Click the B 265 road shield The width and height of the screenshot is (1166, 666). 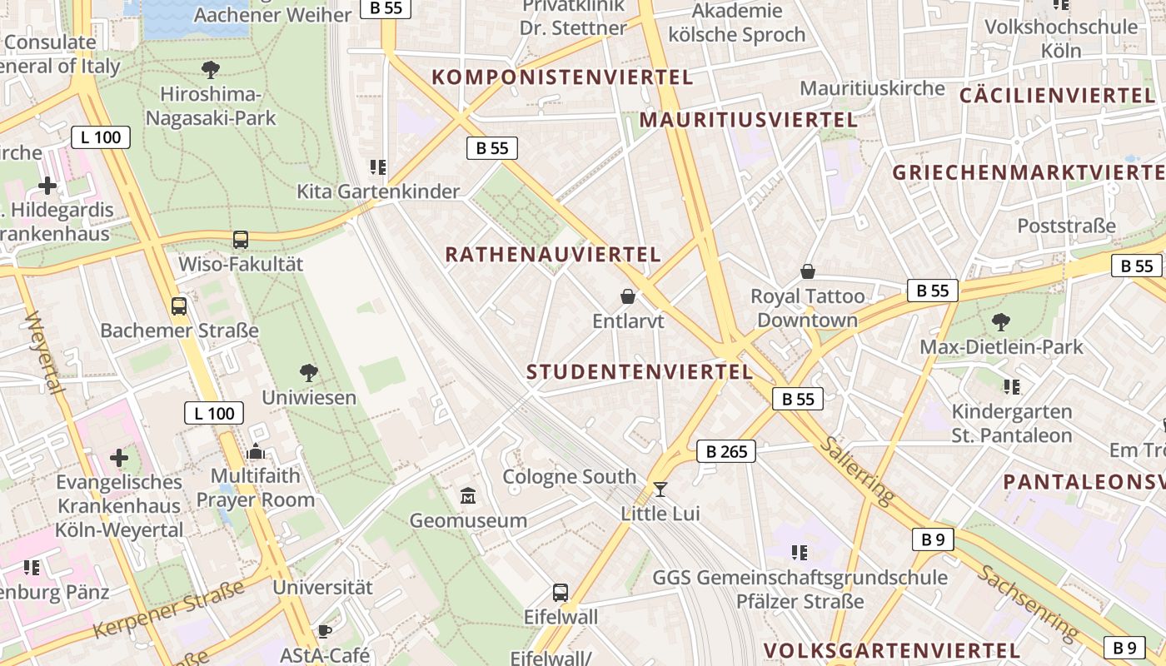coord(725,451)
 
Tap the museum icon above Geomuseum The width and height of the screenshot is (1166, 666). coord(468,497)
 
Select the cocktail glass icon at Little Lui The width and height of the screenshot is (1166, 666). coord(660,489)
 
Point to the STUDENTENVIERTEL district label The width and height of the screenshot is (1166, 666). coord(640,372)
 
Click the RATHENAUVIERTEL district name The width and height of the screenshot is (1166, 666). coord(553,255)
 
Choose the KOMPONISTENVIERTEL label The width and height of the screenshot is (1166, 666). coord(562,77)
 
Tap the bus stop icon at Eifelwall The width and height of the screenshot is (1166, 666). coord(561,593)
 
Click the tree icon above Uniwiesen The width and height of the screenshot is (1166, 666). coord(309,372)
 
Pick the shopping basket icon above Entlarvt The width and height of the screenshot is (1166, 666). coord(628,296)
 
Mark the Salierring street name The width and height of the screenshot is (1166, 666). coord(856,469)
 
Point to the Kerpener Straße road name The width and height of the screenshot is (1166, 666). coord(168,610)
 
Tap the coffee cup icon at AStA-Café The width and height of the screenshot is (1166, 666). coord(324,632)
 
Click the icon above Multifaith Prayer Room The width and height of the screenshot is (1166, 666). coord(256,452)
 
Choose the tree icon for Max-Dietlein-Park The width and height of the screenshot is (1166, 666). coord(1001,321)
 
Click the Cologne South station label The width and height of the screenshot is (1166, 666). coord(569,477)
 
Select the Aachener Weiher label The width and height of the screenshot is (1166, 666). coord(272,14)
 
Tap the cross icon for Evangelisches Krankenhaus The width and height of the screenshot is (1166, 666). coord(119,457)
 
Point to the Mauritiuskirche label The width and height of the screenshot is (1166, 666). coord(872,88)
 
